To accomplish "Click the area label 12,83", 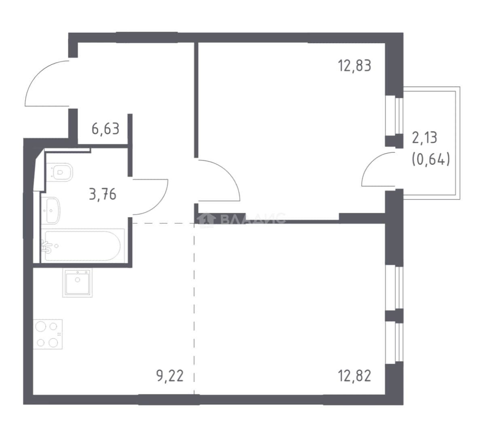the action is [x=354, y=66].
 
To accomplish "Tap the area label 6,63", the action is [x=105, y=129].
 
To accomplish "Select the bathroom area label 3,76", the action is [x=103, y=195].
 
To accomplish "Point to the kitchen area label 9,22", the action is [x=170, y=375].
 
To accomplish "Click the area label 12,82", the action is [x=354, y=375].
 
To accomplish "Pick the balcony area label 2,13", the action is [x=424, y=138].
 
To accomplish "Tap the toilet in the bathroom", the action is [x=61, y=172].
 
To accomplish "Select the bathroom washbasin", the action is [x=52, y=210].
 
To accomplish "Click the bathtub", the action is [x=83, y=246].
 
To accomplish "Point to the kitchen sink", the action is [x=77, y=283].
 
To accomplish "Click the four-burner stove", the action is [x=48, y=334].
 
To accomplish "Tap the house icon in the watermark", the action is [x=207, y=219].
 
